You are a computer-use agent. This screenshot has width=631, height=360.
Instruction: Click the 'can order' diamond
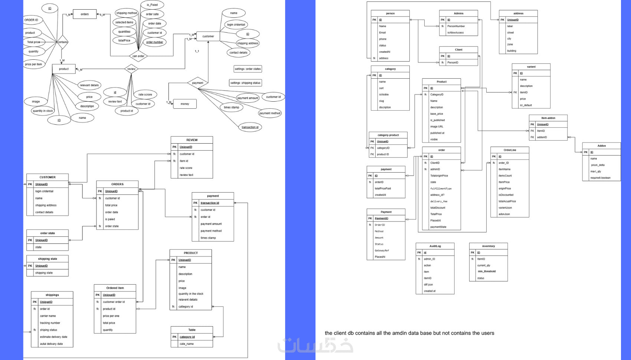(138, 56)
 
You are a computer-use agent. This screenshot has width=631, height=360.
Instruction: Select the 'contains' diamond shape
(62, 42)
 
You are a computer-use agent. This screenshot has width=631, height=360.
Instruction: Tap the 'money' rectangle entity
(185, 104)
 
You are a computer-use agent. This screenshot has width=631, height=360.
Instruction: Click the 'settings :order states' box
(248, 69)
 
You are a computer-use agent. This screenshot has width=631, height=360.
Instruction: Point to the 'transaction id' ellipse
(250, 127)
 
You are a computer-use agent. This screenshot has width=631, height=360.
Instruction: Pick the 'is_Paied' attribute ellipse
(152, 5)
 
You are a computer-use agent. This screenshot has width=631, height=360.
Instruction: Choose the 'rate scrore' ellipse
(145, 94)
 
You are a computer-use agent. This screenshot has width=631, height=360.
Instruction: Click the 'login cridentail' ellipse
(236, 24)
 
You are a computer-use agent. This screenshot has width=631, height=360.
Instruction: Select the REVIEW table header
(192, 140)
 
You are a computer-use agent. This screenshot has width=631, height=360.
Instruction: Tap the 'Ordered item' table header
(115, 288)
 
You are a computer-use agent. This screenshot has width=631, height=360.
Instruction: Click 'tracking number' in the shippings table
(50, 323)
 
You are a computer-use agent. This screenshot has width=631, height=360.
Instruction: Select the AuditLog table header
(435, 246)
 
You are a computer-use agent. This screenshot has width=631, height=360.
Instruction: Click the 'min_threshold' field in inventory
(487, 271)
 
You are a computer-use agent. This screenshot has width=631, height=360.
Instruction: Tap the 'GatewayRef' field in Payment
(382, 251)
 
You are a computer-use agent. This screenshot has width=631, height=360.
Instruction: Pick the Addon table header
(601, 146)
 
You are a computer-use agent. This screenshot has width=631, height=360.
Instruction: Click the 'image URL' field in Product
(437, 127)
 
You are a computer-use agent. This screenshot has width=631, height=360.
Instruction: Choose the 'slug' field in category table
(382, 101)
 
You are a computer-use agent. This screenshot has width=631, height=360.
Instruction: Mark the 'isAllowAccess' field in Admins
(455, 33)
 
